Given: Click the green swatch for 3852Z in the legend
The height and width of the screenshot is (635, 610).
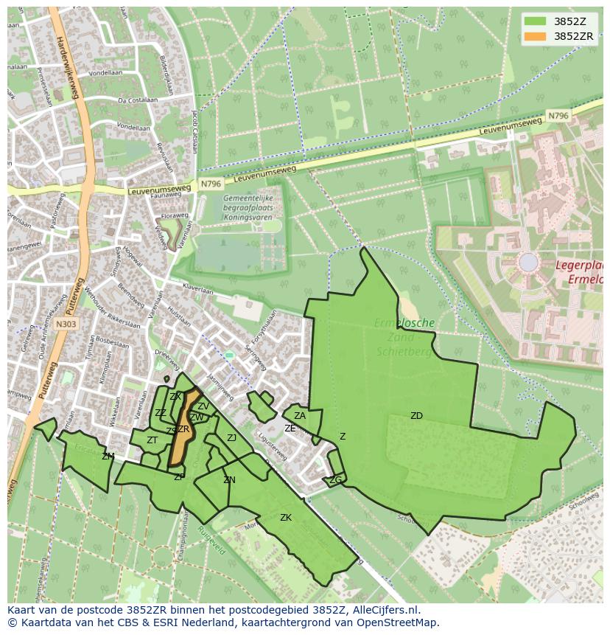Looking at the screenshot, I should click(536, 21).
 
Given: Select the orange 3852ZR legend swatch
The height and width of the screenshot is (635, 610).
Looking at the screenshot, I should click(536, 35).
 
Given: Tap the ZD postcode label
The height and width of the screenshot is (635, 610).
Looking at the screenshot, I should click(416, 416).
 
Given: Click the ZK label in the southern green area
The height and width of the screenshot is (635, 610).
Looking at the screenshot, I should click(286, 518).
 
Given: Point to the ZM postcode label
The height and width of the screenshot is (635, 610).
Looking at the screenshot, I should click(108, 457).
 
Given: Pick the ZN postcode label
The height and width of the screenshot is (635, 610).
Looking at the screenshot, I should click(229, 480).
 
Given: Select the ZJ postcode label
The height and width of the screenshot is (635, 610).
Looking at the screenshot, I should click(231, 438).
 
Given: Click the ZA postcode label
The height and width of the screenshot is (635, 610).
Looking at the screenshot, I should click(300, 416).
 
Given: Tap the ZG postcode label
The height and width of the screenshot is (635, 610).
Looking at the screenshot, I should click(335, 480).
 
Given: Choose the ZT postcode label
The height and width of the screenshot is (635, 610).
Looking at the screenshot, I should click(152, 440).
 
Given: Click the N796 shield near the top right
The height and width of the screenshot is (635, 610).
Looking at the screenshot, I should click(558, 117).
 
